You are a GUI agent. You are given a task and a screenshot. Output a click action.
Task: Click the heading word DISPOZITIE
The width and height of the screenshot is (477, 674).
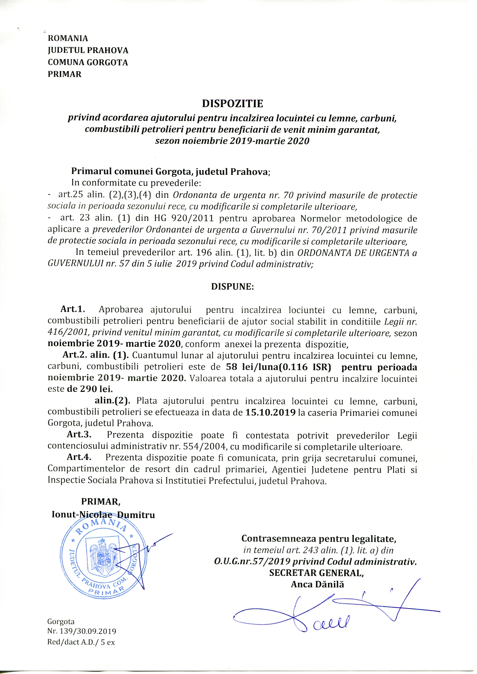[x=232, y=104]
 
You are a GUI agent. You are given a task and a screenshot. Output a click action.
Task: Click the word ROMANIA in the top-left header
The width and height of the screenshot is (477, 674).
[x=68, y=38]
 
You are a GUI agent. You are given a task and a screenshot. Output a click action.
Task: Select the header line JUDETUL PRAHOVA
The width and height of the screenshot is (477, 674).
[x=88, y=50]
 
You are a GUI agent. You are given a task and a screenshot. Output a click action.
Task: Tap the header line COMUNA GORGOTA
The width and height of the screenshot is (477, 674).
[x=88, y=62]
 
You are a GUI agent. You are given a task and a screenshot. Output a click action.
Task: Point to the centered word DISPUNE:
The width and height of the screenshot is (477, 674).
[x=232, y=287]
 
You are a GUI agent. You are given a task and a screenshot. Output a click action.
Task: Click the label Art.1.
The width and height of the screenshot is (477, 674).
[x=72, y=309]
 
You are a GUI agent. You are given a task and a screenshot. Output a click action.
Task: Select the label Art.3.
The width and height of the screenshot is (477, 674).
[x=79, y=435]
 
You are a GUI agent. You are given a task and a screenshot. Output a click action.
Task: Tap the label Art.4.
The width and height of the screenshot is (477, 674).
[x=79, y=457]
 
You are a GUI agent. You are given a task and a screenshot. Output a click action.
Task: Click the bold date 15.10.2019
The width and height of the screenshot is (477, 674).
[x=270, y=413]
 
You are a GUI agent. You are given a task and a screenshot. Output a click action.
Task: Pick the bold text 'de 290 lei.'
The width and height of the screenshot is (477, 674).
[x=90, y=389]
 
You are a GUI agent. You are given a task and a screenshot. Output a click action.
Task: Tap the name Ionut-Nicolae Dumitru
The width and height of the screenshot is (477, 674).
[x=103, y=515]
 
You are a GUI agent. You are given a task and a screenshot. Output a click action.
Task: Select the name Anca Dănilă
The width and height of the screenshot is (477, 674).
[x=317, y=584]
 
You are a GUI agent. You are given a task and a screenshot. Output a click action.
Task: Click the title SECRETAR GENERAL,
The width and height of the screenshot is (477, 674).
[x=316, y=573]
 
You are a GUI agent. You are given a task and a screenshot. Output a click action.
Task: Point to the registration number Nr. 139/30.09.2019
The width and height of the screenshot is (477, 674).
[x=82, y=631]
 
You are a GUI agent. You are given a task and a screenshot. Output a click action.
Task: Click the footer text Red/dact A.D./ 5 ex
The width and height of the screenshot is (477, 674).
[x=81, y=642]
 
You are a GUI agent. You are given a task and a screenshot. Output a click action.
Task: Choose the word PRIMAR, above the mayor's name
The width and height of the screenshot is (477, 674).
[x=100, y=502]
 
